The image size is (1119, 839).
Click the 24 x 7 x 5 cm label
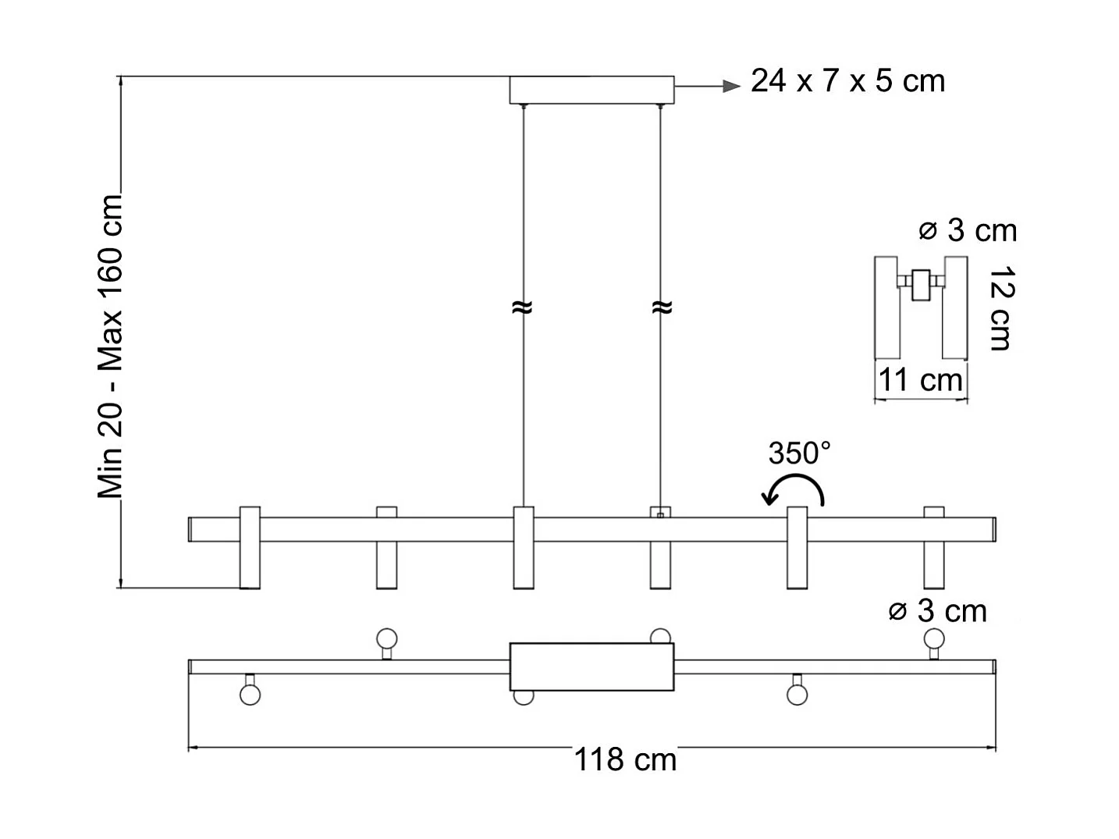(x=847, y=81)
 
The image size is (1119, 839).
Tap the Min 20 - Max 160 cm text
(x=110, y=346)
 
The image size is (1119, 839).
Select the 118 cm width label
(x=625, y=759)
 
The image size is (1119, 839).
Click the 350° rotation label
(x=799, y=453)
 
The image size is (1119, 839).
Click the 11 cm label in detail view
(x=921, y=380)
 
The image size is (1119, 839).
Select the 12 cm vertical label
(x=1001, y=308)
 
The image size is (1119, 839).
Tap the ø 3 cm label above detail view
(x=968, y=230)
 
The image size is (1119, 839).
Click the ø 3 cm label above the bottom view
(x=937, y=610)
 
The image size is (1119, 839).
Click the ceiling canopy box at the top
(x=591, y=90)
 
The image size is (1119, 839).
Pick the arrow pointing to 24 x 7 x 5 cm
(x=707, y=86)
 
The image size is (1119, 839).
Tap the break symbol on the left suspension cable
(x=523, y=308)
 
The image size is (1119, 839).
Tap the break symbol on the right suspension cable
(x=661, y=308)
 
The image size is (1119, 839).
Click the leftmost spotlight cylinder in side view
(x=250, y=548)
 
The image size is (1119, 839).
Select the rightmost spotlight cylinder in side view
(x=933, y=548)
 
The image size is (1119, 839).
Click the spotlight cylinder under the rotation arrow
(x=797, y=548)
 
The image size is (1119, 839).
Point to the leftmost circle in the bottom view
(x=250, y=694)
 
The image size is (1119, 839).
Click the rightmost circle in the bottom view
(x=933, y=639)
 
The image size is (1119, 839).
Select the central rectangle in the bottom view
(x=591, y=667)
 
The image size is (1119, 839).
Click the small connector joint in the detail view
(x=922, y=284)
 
